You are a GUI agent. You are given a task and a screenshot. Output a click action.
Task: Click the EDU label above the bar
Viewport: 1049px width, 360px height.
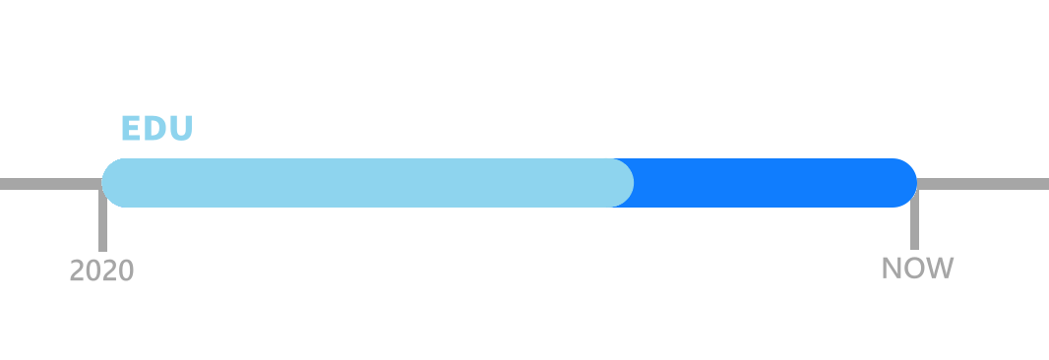(156, 129)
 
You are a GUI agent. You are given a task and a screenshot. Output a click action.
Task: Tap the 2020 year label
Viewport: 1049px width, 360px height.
(101, 270)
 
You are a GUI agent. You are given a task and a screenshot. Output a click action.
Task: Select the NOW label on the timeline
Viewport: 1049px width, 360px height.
(917, 268)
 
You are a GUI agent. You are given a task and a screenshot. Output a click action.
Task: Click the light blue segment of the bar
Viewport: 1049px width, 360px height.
(364, 183)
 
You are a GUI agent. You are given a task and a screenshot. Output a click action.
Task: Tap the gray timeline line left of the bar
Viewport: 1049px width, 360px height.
(49, 184)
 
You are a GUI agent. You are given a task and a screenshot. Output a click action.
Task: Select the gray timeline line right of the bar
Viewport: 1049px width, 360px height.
(984, 184)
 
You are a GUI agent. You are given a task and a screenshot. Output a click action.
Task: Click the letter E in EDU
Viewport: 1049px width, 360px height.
(129, 129)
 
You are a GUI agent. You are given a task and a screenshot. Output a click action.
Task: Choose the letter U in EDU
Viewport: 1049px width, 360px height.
(181, 129)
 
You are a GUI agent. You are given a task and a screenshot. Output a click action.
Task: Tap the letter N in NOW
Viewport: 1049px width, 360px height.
(892, 268)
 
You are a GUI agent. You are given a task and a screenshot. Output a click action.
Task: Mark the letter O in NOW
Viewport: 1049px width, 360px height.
(915, 268)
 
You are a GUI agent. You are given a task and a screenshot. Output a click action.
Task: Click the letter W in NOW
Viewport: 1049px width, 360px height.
(941, 268)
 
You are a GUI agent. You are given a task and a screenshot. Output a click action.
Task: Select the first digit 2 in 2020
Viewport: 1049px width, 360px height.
(77, 270)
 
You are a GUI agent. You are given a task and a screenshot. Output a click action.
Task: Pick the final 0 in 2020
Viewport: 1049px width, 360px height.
(126, 270)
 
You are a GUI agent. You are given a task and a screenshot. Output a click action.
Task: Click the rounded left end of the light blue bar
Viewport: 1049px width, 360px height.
(114, 183)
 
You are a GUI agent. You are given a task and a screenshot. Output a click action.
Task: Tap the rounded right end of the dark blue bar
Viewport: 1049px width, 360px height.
(904, 183)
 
